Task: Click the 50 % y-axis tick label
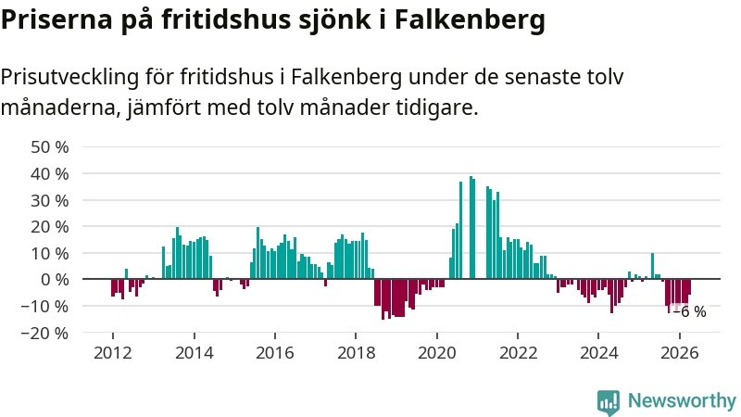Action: point(50,147)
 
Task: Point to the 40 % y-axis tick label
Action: point(50,174)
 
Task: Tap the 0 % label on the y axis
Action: point(55,280)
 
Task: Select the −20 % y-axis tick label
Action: point(44,334)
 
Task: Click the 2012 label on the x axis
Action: point(113,353)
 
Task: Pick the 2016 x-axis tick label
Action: point(274,353)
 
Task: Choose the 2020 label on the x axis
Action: point(436,353)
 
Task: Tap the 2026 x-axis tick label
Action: point(680,353)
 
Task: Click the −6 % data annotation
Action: point(689,311)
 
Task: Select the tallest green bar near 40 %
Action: point(471,227)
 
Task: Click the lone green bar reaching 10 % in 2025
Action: point(653,266)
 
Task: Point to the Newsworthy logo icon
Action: point(609,402)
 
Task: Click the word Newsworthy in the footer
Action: point(682,401)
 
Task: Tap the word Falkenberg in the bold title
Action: point(470,19)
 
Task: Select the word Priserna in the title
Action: point(57,19)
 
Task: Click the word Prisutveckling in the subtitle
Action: point(70,77)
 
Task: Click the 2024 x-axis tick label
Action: point(598,353)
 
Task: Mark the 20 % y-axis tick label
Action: point(50,227)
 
